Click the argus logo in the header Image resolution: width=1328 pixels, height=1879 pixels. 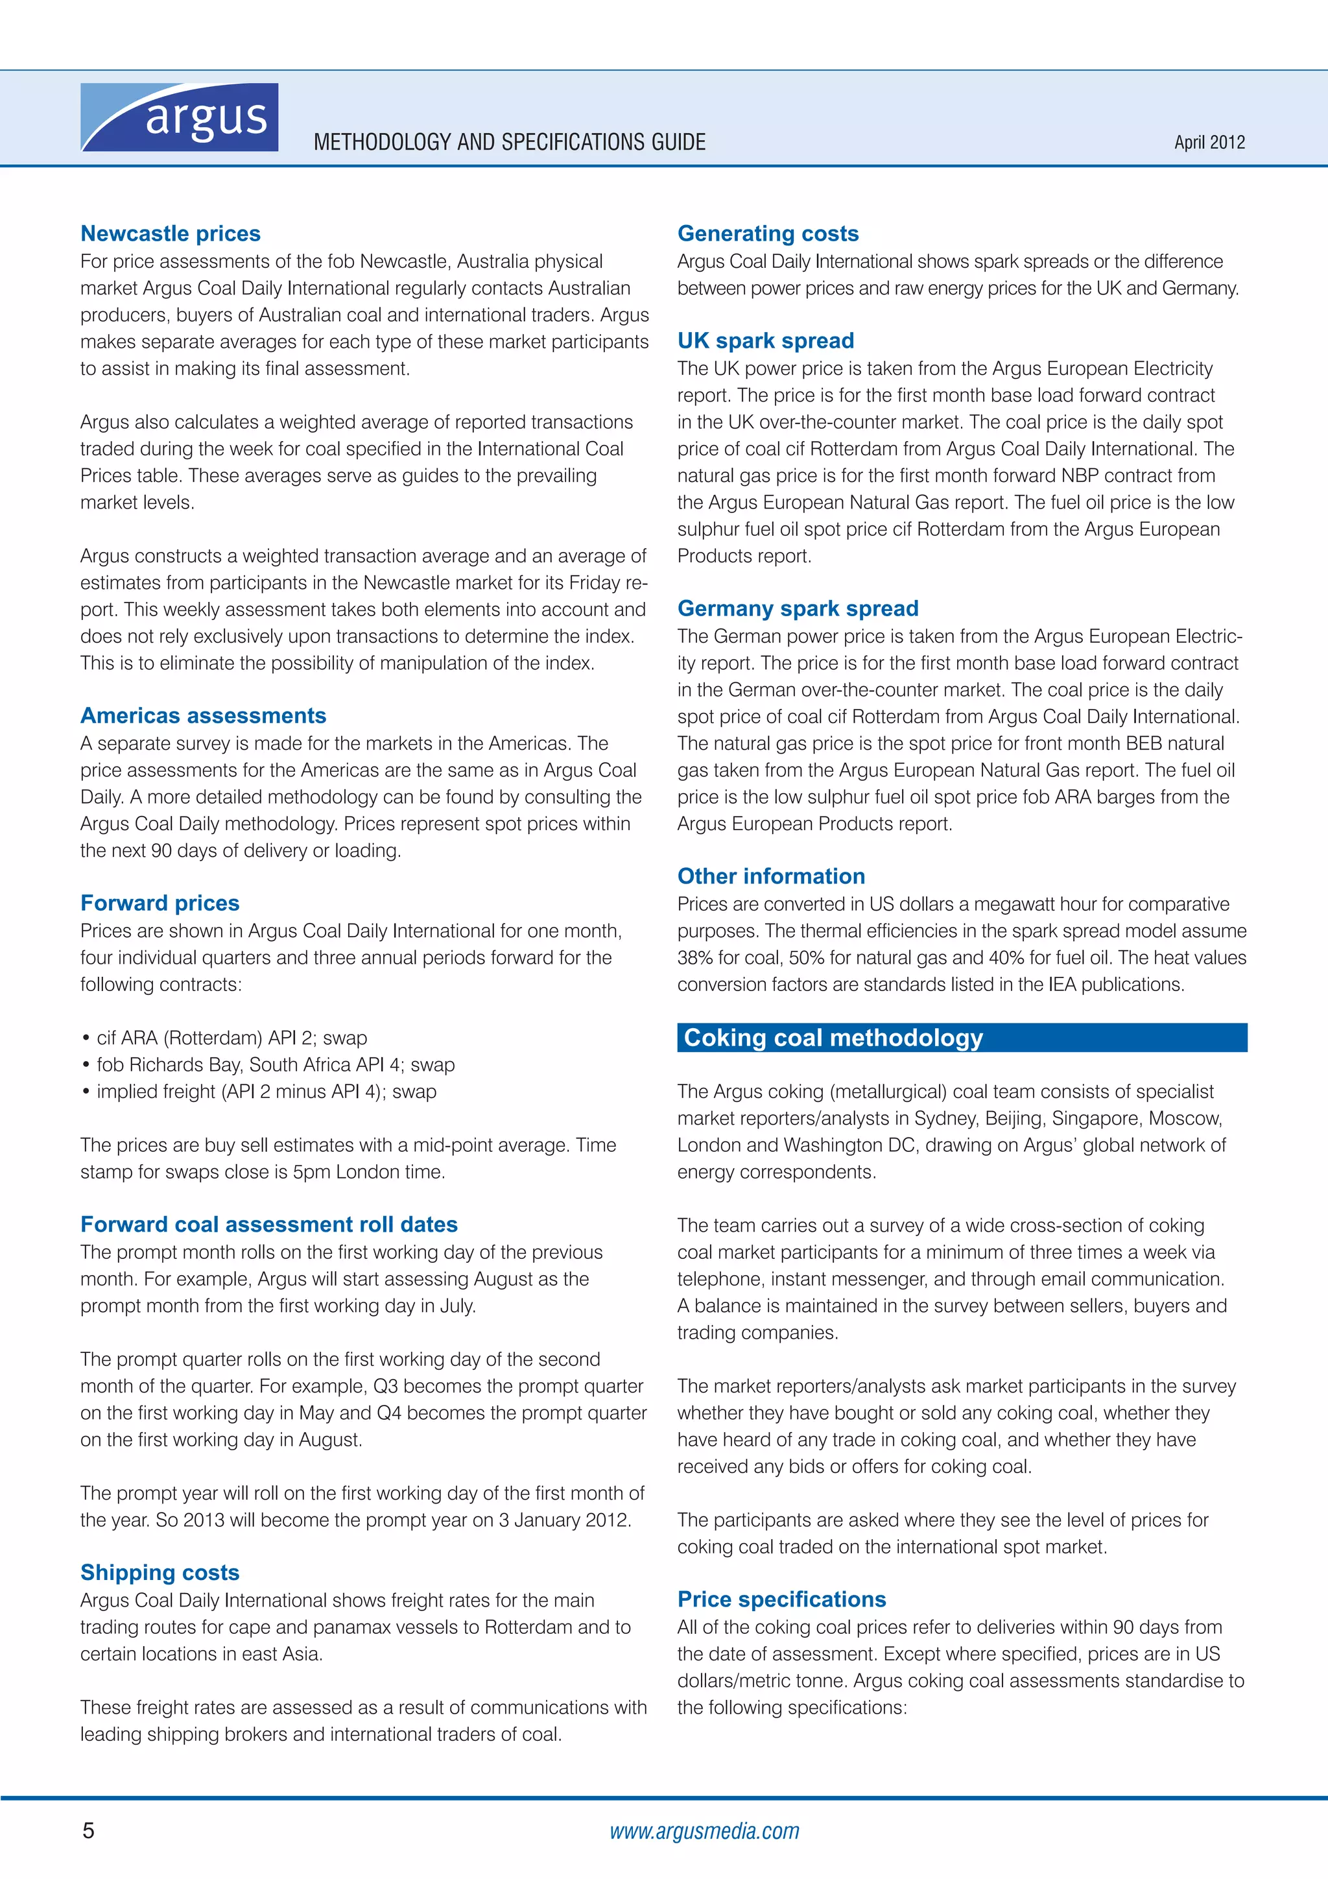point(179,117)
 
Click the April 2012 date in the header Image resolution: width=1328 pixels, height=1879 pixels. point(1209,143)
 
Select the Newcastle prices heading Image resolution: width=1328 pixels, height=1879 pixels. point(170,233)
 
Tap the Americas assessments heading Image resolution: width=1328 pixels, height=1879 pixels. point(203,715)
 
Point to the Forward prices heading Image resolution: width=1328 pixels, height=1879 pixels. point(160,903)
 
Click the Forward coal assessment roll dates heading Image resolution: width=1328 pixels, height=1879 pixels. point(268,1225)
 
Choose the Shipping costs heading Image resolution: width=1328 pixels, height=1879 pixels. point(160,1572)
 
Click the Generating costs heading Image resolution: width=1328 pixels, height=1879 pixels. point(768,233)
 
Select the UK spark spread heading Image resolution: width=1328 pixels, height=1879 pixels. point(765,341)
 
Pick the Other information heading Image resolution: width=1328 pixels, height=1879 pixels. point(771,876)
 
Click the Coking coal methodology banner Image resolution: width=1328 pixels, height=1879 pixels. point(962,1038)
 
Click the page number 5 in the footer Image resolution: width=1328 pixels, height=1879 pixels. point(88,1831)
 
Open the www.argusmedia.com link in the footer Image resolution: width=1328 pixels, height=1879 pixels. point(704,1832)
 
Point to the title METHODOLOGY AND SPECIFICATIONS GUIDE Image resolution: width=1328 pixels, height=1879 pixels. point(509,143)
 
